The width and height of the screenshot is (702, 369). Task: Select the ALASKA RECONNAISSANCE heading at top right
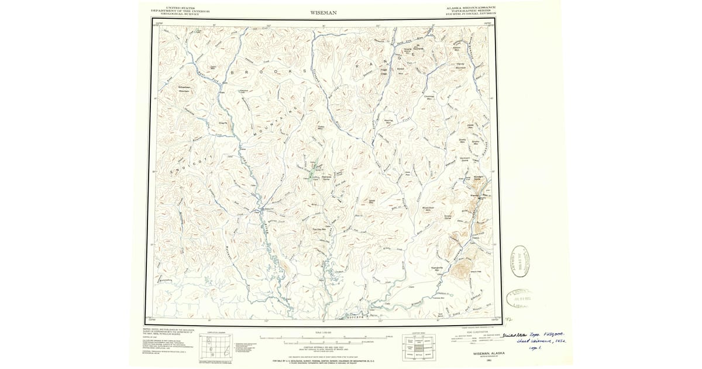471,7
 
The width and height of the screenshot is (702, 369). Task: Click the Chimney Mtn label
428,97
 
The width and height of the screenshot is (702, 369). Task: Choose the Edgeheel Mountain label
185,89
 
